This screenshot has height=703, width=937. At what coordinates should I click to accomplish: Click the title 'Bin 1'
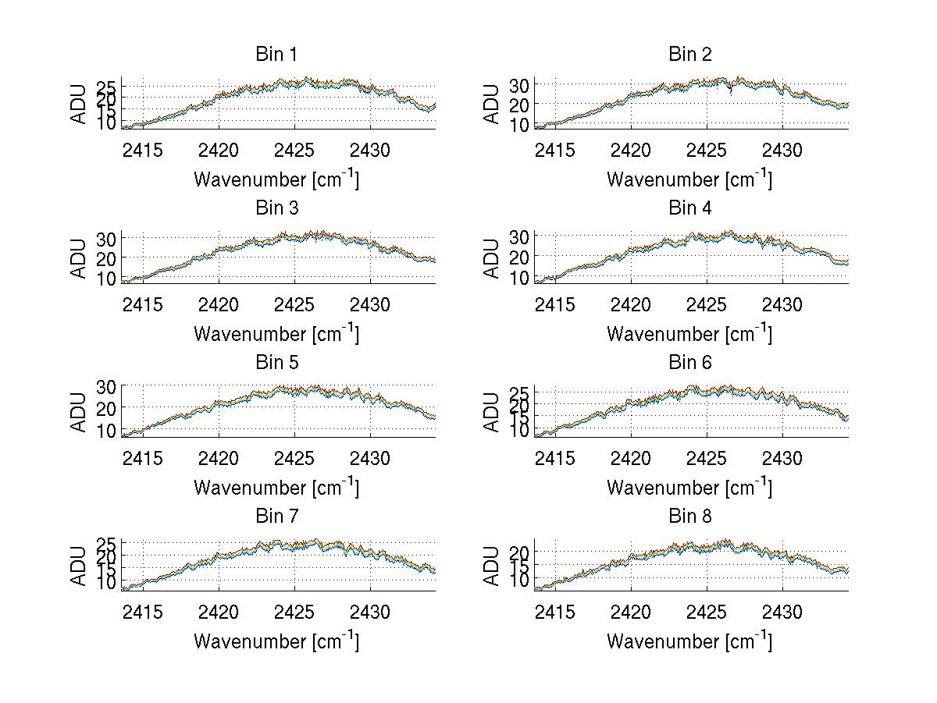pyautogui.click(x=276, y=55)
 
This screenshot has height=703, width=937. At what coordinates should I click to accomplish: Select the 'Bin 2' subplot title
pyautogui.click(x=690, y=55)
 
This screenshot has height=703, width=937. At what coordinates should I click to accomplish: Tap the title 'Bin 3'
pyautogui.click(x=276, y=208)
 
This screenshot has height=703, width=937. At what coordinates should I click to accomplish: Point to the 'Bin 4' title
pyautogui.click(x=690, y=208)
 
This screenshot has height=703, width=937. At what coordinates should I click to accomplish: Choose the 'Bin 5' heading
pyautogui.click(x=276, y=363)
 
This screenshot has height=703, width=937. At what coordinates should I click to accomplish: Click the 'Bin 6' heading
pyautogui.click(x=690, y=363)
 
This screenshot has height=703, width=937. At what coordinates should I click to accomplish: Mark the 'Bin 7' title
pyautogui.click(x=276, y=517)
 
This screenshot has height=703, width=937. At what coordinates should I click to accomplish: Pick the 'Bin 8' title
pyautogui.click(x=690, y=517)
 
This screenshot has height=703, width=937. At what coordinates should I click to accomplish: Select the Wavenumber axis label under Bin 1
pyautogui.click(x=276, y=179)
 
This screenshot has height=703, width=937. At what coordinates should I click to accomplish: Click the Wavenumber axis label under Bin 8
pyautogui.click(x=690, y=641)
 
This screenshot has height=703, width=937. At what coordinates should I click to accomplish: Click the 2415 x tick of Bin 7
pyautogui.click(x=143, y=612)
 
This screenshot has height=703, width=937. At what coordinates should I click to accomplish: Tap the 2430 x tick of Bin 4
pyautogui.click(x=783, y=304)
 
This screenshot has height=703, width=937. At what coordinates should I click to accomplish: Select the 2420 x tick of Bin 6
pyautogui.click(x=631, y=458)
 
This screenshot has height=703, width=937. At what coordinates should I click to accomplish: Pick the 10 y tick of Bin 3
pyautogui.click(x=106, y=278)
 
